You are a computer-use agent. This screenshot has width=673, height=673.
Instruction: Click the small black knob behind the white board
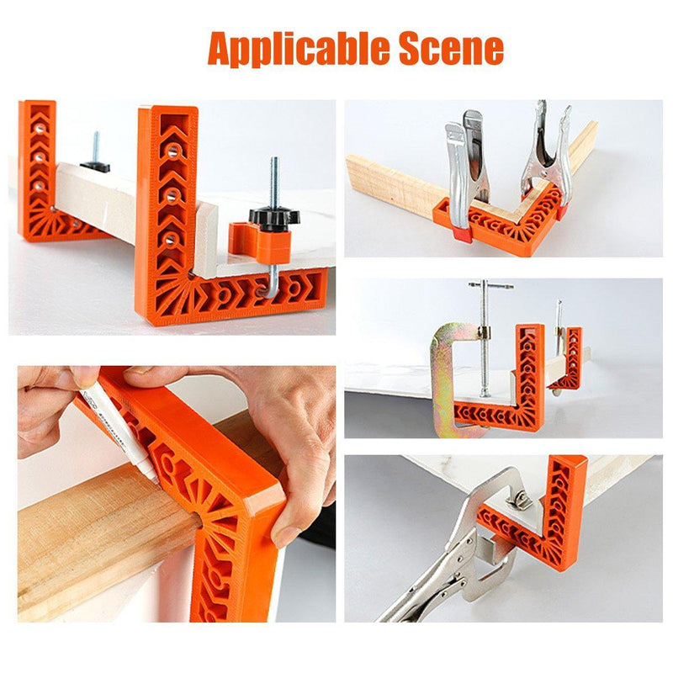(95, 164)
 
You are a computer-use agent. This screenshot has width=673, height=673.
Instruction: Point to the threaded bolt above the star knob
(273, 181)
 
